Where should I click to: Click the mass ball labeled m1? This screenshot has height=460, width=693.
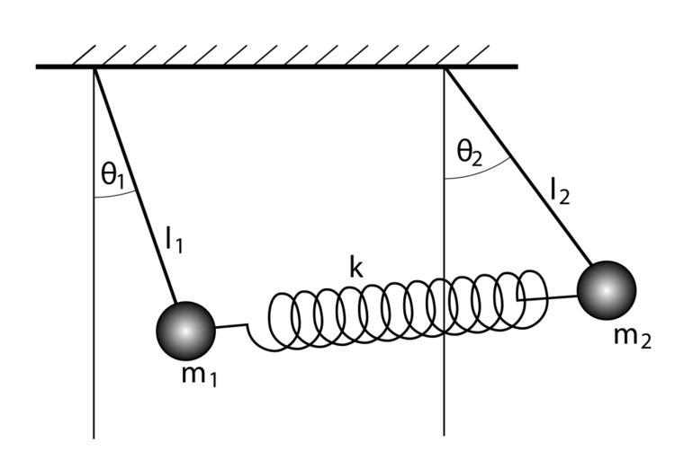[186, 330]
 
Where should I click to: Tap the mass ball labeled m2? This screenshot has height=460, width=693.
[606, 289]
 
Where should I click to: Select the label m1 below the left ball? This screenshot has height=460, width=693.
[199, 375]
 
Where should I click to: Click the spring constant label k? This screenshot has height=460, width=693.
[358, 266]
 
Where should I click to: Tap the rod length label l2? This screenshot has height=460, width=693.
[560, 190]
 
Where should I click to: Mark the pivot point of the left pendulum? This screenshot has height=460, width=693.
[94, 68]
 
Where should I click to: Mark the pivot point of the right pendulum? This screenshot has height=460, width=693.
[445, 68]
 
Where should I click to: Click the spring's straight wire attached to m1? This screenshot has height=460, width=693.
[231, 326]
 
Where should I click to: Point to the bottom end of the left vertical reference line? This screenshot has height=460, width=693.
[94, 438]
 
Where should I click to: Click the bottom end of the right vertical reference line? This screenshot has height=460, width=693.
[445, 434]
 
